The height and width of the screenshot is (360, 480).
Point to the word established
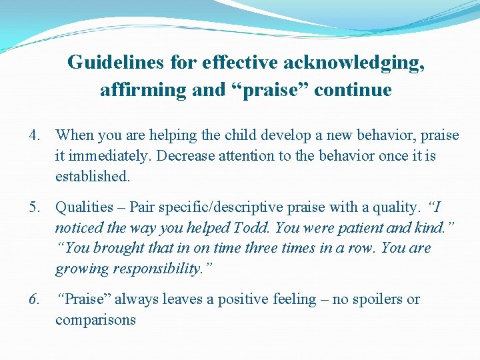pyautogui.click(x=93, y=177)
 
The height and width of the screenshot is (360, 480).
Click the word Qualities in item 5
pyautogui.click(x=83, y=207)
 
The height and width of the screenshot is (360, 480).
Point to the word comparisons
pyautogui.click(x=95, y=320)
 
